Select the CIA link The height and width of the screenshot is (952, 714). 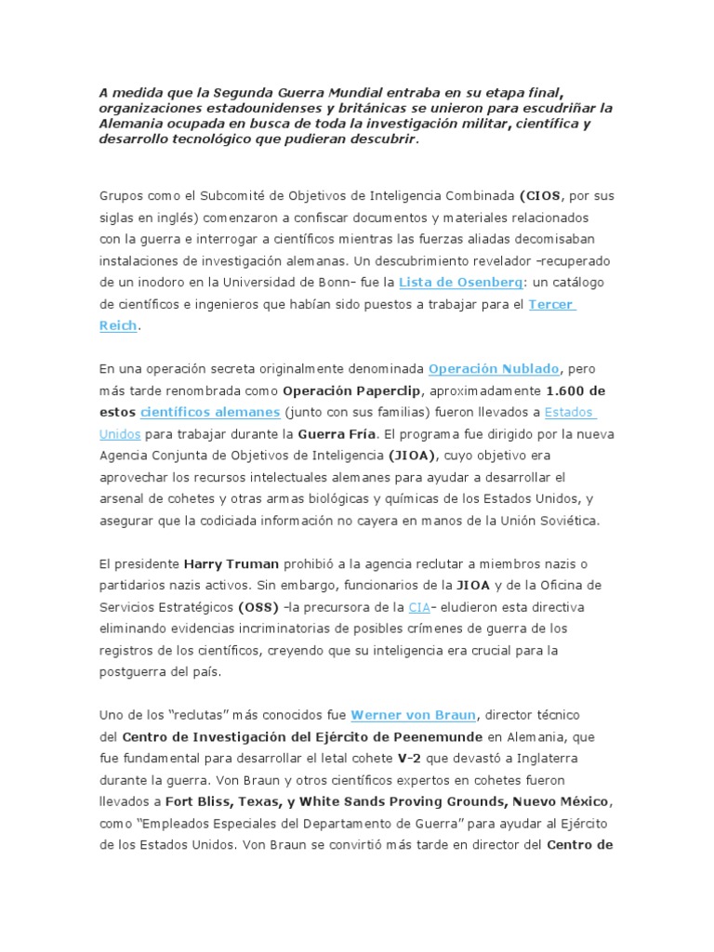coord(418,606)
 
